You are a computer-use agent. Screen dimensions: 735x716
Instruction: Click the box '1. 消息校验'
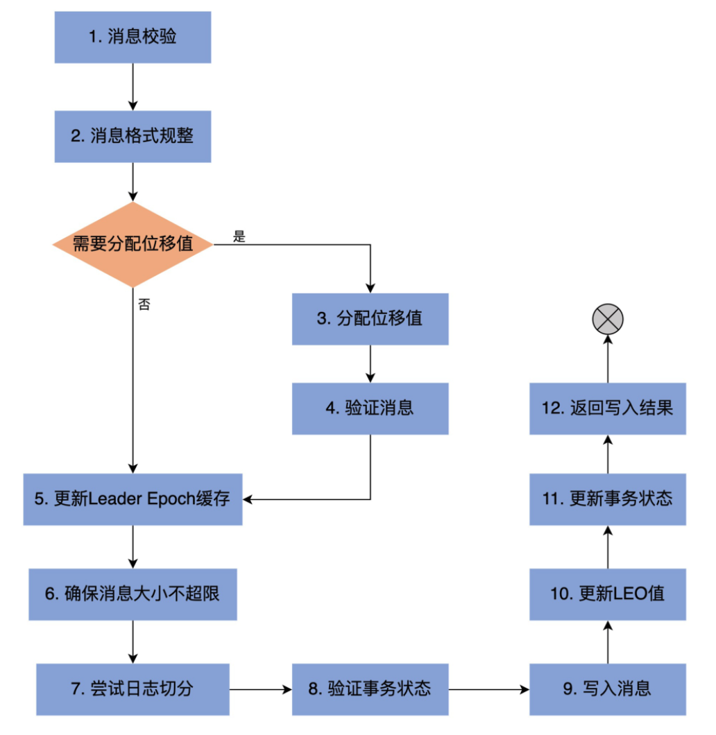[x=133, y=37]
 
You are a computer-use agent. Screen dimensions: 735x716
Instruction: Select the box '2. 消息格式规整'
[x=133, y=136]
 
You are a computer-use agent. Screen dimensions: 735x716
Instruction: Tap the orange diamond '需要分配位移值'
[x=133, y=244]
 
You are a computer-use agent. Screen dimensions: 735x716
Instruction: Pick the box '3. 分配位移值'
[x=370, y=319]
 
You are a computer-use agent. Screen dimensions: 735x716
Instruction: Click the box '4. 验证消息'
[x=370, y=408]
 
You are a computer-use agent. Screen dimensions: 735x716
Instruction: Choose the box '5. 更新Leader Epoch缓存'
[x=133, y=499]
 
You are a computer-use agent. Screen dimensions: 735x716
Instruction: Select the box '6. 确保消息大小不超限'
[x=133, y=594]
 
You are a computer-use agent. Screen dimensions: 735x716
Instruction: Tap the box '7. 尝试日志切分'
[x=133, y=689]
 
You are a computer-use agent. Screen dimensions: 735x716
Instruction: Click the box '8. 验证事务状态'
[x=370, y=689]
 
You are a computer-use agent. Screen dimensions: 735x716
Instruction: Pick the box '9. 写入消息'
[x=608, y=689]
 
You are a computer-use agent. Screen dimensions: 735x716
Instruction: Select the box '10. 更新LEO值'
[x=608, y=594]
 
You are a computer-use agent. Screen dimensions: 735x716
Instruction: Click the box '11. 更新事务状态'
[x=608, y=499]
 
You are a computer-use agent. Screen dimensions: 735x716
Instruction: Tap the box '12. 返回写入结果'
[x=608, y=408]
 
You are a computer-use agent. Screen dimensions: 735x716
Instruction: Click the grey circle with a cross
[x=608, y=320]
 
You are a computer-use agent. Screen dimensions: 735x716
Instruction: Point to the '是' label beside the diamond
[x=239, y=237]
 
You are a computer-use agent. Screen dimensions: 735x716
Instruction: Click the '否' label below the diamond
[x=144, y=304]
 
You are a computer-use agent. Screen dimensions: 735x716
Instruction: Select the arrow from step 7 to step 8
[x=260, y=689]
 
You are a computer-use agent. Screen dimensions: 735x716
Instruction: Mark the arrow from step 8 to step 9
[x=488, y=689]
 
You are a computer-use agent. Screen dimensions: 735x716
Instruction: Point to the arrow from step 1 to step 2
[x=133, y=86]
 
